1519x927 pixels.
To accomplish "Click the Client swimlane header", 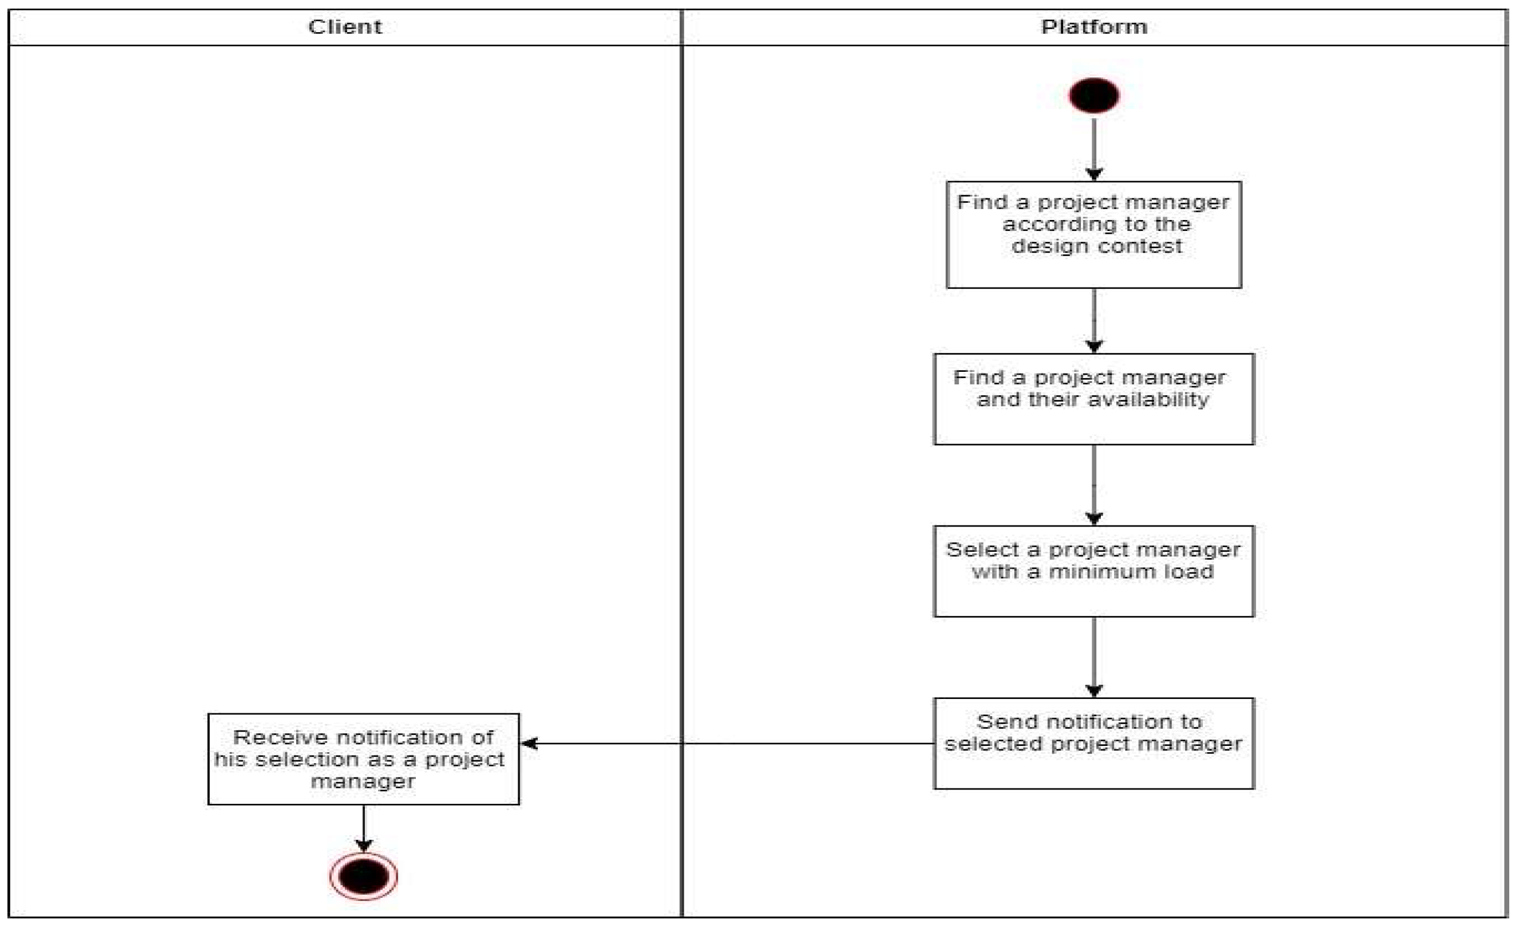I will (345, 27).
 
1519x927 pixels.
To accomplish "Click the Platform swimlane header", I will (1093, 27).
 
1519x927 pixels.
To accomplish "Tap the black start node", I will (1093, 96).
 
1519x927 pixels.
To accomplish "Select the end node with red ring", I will (363, 877).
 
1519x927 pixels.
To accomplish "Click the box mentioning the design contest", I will (1093, 234).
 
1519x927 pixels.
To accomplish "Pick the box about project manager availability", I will (1093, 399).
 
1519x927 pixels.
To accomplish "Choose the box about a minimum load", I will (1093, 571).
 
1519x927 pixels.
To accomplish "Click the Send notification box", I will (1093, 743).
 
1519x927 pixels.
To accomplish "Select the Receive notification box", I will (363, 759).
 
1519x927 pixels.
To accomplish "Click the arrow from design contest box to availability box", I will (1093, 320).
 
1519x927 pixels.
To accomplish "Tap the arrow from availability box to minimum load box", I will (1093, 484).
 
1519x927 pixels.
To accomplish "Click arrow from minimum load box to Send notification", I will (1093, 656).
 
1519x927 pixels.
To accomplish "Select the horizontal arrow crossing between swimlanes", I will (727, 743).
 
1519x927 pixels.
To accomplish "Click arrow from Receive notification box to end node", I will (363, 828).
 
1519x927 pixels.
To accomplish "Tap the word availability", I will (1148, 400).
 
